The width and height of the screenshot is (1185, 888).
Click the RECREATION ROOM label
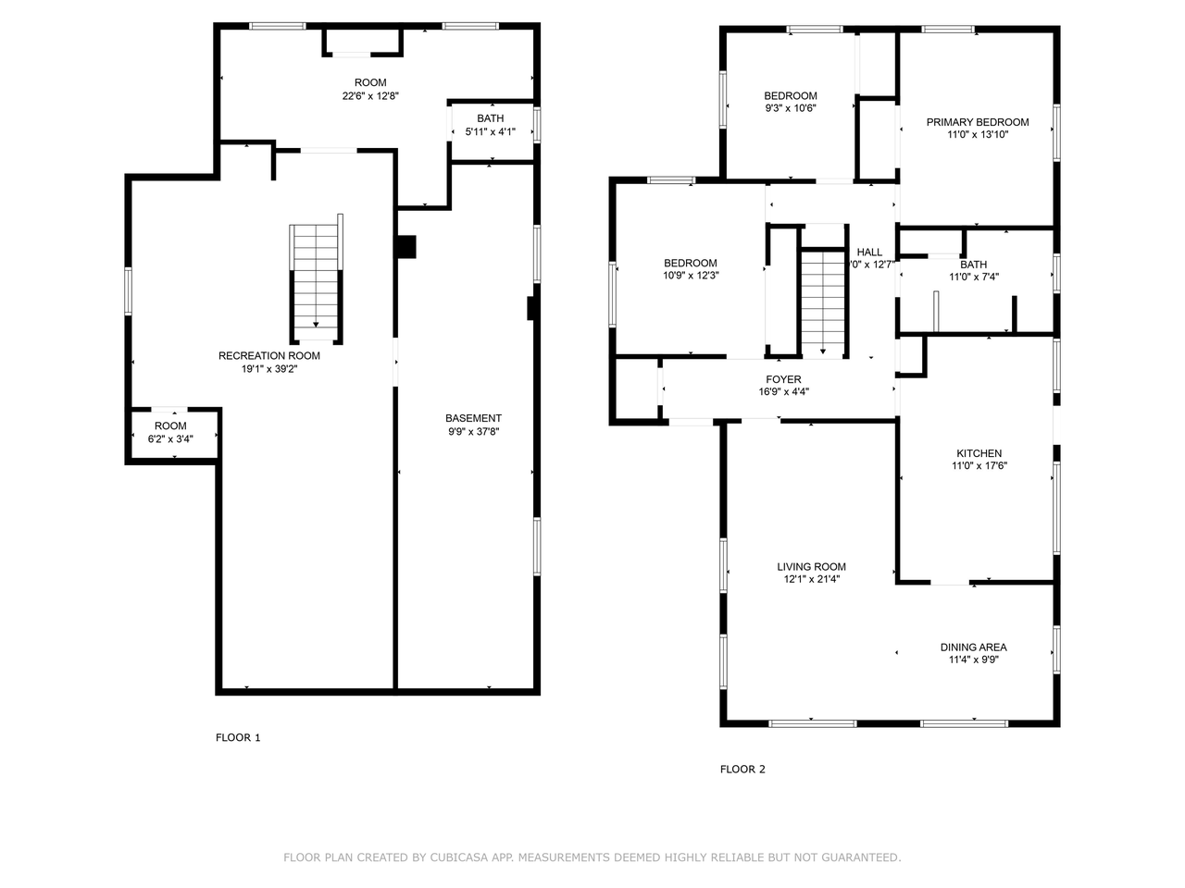269,356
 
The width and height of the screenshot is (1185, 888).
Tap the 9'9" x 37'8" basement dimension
473,431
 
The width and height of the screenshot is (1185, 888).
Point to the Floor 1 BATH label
490,118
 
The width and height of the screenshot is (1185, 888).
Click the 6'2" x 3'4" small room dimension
170,438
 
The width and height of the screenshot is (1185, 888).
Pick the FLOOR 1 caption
238,737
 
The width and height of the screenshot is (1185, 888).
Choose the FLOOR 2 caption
742,769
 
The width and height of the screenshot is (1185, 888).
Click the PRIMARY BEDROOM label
977,122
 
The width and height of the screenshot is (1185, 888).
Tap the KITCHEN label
979,453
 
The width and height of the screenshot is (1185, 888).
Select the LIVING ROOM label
811,567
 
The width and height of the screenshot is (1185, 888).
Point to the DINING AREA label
973,647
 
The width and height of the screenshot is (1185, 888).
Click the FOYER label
783,379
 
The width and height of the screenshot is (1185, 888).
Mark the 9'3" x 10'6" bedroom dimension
790,107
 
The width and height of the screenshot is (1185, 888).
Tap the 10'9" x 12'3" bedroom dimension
690,275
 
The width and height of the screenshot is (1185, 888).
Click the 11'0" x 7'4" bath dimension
973,277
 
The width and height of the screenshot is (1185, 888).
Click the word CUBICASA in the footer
458,857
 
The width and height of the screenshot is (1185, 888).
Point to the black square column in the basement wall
405,247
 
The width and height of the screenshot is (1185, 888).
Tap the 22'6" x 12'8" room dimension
370,95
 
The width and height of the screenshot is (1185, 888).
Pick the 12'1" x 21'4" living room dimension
811,579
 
